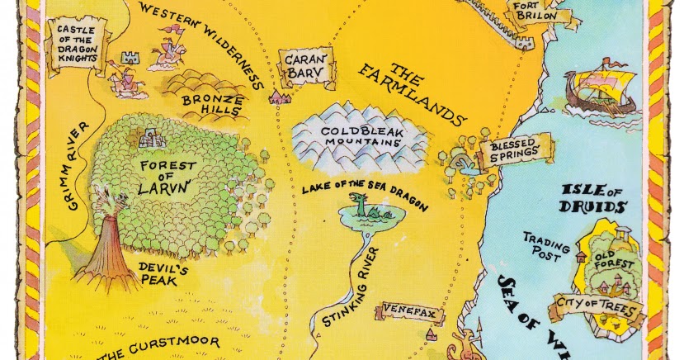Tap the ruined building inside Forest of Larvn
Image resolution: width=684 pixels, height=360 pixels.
[x=150, y=137]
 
